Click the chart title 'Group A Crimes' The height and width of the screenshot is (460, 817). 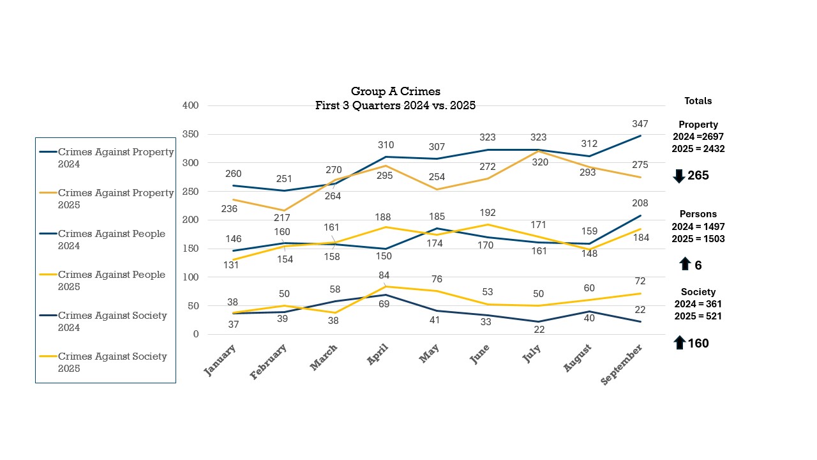point(396,92)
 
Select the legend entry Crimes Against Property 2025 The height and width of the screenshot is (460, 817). point(116,199)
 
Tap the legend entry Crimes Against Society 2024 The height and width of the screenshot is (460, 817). point(112,321)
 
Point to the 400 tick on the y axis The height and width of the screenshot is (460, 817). point(191,105)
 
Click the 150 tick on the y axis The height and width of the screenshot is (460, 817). point(191,249)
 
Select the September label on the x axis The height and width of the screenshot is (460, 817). point(622,364)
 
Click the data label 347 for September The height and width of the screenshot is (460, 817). point(640,124)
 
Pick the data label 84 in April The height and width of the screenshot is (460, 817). point(383,275)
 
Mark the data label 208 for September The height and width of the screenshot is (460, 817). point(640,204)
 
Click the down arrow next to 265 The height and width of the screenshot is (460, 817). point(679,176)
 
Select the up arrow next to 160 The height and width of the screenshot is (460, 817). point(679,343)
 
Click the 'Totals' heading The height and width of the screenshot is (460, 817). point(698,101)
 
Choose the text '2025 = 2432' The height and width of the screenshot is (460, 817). point(698,149)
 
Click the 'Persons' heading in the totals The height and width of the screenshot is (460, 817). point(698,214)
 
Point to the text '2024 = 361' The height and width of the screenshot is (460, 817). point(698,304)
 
